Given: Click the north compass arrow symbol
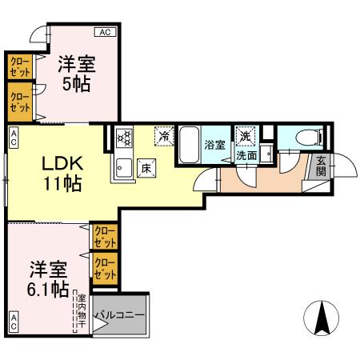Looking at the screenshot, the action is (x=322, y=318).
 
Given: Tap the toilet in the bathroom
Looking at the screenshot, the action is (x=309, y=137).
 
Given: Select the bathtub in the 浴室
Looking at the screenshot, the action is (x=189, y=145).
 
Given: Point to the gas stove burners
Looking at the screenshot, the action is (x=124, y=138).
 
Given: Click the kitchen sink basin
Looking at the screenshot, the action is (x=124, y=168).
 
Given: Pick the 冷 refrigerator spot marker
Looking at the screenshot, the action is (x=164, y=136).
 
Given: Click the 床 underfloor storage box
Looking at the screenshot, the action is (x=146, y=168).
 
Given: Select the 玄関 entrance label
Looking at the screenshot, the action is (x=321, y=166).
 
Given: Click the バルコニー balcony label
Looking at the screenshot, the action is (x=120, y=315).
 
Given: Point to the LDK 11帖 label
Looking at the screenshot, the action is (x=62, y=174).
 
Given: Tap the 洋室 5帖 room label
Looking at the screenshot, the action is (x=77, y=74).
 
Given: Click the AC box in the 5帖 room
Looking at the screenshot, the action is (x=106, y=32).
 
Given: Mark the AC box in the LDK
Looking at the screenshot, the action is (x=14, y=138).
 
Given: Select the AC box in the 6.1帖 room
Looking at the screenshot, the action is (x=14, y=322).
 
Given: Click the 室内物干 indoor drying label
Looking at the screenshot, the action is (x=82, y=311).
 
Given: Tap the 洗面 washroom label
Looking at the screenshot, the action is (x=246, y=156).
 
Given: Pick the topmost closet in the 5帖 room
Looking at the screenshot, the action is (x=20, y=66).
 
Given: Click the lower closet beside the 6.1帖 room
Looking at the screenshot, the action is (x=105, y=269).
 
